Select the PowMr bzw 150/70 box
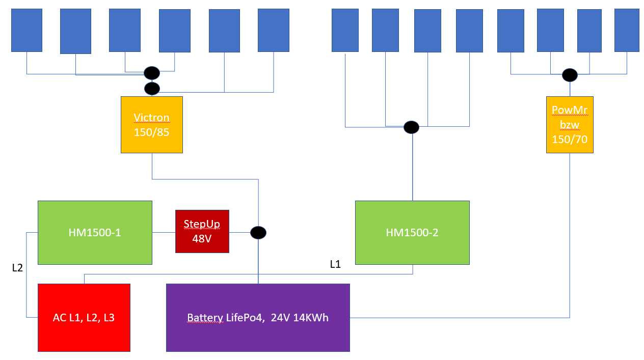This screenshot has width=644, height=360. (x=570, y=124)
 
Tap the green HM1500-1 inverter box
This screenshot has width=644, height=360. (x=95, y=232)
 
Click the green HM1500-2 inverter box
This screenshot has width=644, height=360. (x=412, y=232)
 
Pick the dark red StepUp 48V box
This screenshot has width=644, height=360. (x=202, y=231)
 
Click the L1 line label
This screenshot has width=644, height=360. (x=335, y=264)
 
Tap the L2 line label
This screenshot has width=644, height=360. (x=17, y=268)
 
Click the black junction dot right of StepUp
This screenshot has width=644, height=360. (x=258, y=233)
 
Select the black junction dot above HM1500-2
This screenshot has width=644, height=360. (x=411, y=127)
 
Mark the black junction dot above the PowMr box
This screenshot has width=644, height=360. (x=570, y=75)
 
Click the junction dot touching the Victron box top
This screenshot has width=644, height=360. (x=152, y=89)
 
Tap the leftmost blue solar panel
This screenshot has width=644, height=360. (x=26, y=30)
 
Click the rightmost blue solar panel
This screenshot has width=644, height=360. (x=627, y=30)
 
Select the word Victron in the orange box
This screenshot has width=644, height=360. (x=151, y=118)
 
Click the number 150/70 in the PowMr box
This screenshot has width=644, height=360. (x=570, y=139)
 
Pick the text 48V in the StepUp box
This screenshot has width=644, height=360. (x=202, y=238)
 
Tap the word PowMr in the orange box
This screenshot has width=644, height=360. (x=570, y=110)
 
